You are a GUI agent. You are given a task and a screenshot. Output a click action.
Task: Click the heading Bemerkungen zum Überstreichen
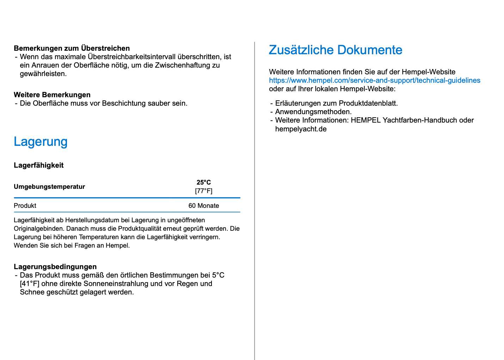72,48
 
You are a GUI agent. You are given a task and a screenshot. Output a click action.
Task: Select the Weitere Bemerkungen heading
52,95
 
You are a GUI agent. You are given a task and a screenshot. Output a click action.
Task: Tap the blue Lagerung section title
41,142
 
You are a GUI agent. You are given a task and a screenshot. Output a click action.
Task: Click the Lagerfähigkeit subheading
38,165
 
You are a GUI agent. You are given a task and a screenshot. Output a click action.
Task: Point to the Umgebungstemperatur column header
49,187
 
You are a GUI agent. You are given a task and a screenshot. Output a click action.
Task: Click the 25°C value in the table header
204,182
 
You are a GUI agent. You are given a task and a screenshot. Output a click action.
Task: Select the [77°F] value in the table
204,191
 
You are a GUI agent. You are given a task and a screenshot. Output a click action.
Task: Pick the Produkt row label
25,206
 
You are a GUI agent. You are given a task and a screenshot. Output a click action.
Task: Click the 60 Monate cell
204,206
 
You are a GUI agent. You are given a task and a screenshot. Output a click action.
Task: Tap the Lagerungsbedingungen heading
55,267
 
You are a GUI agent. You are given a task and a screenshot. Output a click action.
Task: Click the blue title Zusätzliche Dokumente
335,50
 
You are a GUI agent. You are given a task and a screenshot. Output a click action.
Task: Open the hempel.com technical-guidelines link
374,80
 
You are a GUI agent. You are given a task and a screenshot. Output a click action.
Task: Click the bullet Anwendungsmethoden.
313,112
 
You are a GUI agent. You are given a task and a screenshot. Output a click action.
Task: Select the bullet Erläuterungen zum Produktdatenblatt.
336,103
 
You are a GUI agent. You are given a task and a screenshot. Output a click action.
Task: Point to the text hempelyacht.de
301,129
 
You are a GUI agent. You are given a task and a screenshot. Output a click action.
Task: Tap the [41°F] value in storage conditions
30,284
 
